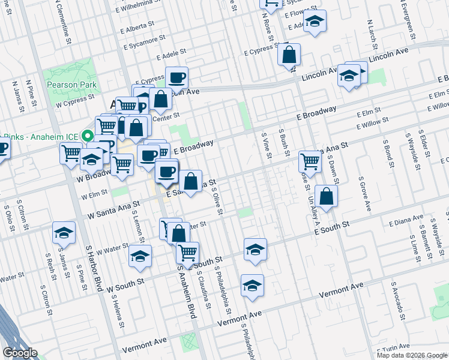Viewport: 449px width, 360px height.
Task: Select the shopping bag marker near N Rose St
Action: pos(289,55)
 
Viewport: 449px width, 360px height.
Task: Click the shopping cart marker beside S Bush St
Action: pos(309,161)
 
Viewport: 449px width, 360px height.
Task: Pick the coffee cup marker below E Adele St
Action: pos(176,77)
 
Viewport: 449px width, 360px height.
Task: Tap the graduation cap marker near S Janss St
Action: pos(64,233)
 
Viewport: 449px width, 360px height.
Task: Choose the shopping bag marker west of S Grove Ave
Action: pos(326,197)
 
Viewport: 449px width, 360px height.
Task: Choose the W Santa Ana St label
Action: pos(113,210)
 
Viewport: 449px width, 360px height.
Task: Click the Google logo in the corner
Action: pos(20,353)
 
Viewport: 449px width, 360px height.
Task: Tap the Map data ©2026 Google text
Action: pos(412,355)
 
